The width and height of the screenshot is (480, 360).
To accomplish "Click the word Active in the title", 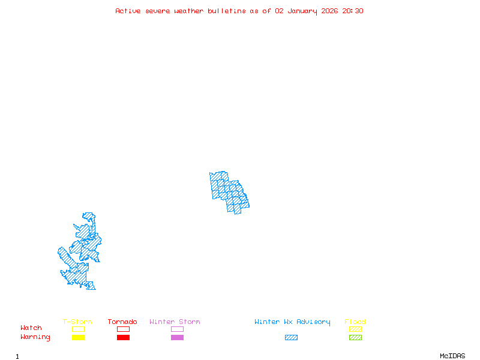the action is point(128,11).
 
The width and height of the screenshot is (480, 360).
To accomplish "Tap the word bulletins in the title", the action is point(227,11).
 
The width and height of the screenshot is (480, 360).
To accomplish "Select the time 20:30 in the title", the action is point(353,11).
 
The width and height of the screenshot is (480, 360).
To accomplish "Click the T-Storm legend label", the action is point(77,322).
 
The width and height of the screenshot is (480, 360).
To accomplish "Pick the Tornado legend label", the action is point(122,322).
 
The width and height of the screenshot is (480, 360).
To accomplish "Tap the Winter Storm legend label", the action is point(175,322).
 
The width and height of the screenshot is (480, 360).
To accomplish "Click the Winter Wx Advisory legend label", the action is point(292,322).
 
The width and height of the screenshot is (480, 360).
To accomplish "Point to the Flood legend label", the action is point(355,322).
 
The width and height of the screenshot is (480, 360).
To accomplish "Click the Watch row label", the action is point(31,328).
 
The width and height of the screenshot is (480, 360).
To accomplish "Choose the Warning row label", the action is point(35,337).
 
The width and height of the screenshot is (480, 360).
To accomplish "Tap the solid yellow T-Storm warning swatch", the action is point(78,338).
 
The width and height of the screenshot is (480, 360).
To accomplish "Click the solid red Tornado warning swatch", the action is point(123,338).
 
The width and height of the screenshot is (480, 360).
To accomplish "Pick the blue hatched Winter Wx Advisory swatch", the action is point(291,338).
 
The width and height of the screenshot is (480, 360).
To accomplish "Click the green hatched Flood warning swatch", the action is point(355,338).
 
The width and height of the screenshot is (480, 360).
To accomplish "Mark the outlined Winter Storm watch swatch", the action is point(177,329).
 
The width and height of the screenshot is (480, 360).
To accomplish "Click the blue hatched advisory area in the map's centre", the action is point(228,191).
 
